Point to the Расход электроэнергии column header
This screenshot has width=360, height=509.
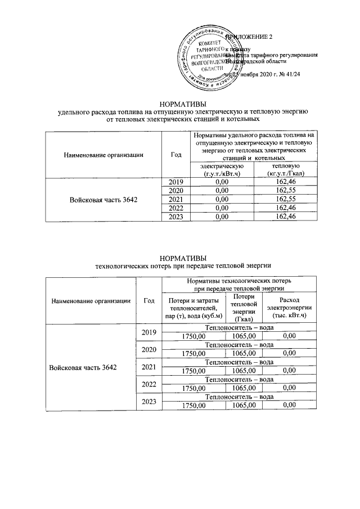coord(289,308)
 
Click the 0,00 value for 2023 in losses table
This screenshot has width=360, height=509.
coord(289,406)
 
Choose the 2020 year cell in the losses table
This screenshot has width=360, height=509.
coord(148,350)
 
